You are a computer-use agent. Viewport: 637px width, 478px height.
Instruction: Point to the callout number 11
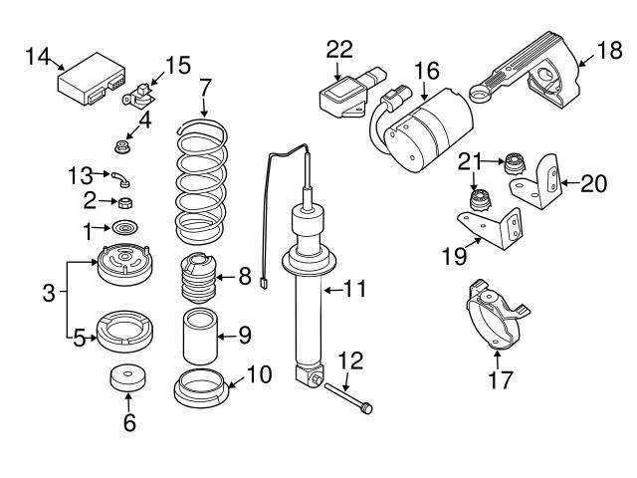click(355, 290)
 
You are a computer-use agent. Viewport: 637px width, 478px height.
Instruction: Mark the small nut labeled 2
click(126, 204)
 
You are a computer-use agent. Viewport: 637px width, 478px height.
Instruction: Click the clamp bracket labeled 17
click(494, 317)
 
